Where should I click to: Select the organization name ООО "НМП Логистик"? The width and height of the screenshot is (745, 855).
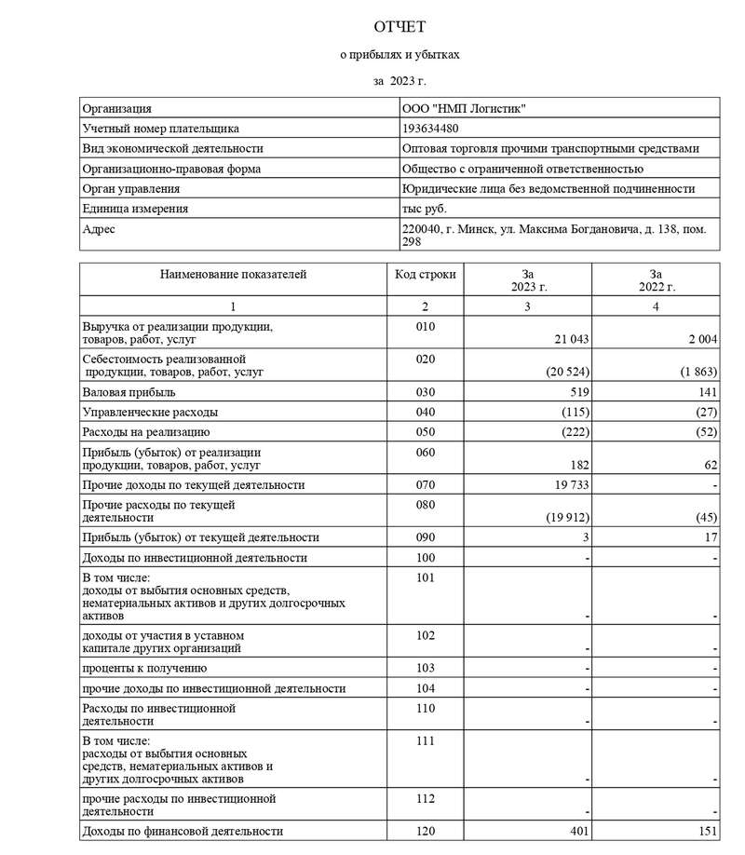coord(463,109)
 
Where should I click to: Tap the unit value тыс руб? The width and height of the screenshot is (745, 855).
coord(424,209)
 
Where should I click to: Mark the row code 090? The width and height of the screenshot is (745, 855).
coord(425,537)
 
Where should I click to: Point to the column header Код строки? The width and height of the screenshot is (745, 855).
coord(425,275)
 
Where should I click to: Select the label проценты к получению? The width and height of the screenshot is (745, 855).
coord(144,668)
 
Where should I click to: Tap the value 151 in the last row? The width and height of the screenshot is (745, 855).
coord(706,831)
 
